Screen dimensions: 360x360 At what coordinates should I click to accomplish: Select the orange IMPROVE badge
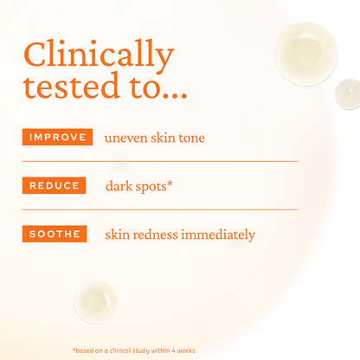point(58,137)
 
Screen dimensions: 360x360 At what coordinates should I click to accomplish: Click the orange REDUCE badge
point(55,185)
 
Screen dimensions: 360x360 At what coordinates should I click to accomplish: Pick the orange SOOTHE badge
point(55,234)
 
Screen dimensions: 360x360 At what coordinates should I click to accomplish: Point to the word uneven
point(126,138)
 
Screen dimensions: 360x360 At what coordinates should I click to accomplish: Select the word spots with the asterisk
point(157,185)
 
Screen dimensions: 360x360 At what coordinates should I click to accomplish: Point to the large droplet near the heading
point(305,54)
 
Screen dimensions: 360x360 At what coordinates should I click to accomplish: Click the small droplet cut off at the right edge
point(348,93)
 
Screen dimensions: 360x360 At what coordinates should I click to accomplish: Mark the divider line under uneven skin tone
point(160,161)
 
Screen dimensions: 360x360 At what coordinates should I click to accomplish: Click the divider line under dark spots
point(160,209)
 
